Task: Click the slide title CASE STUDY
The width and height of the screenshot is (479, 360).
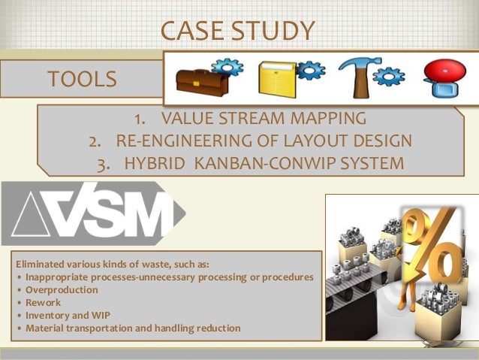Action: click(238, 31)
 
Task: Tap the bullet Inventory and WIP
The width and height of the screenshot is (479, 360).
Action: click(67, 315)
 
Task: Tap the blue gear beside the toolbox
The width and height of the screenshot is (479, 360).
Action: click(233, 68)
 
